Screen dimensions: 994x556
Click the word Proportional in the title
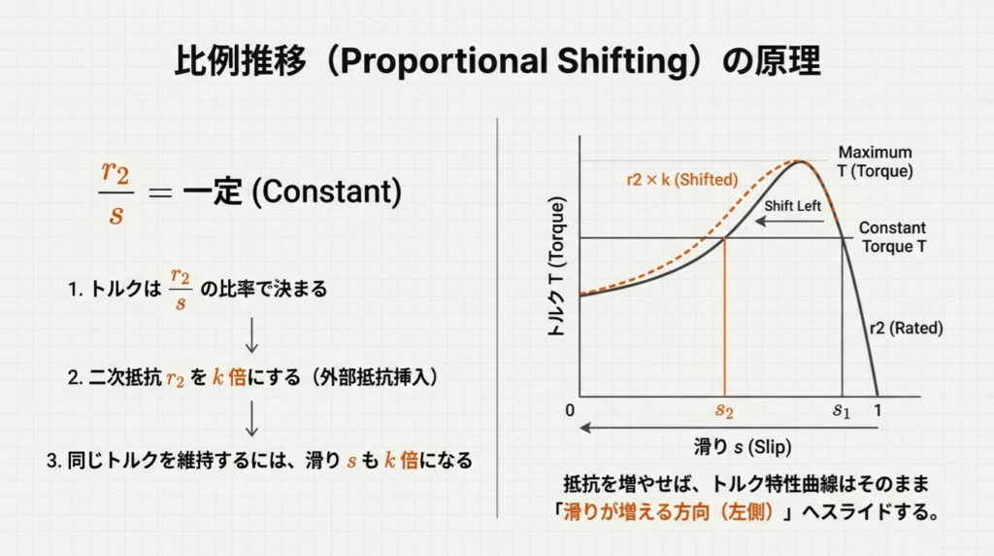(443, 61)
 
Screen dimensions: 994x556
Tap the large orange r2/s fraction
(116, 192)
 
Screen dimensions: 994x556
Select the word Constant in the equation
(326, 191)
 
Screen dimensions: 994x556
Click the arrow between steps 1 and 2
(251, 335)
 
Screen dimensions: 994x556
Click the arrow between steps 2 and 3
(251, 418)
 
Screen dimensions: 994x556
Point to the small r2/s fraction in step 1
(181, 290)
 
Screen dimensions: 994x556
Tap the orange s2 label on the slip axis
(724, 411)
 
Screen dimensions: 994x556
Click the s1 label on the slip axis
(842, 411)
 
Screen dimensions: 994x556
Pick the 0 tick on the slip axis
(570, 410)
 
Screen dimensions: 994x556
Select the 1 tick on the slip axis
(878, 410)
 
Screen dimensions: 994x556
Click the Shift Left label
(792, 206)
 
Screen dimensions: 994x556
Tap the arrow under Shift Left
(790, 221)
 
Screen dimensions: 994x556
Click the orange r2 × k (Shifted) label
(682, 180)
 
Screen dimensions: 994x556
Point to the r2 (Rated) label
(906, 329)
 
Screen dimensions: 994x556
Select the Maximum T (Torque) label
(875, 162)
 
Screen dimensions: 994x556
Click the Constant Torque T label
(893, 237)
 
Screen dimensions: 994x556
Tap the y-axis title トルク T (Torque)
(556, 266)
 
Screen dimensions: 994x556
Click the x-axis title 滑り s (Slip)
(743, 447)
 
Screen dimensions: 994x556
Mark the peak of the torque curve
(800, 161)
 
